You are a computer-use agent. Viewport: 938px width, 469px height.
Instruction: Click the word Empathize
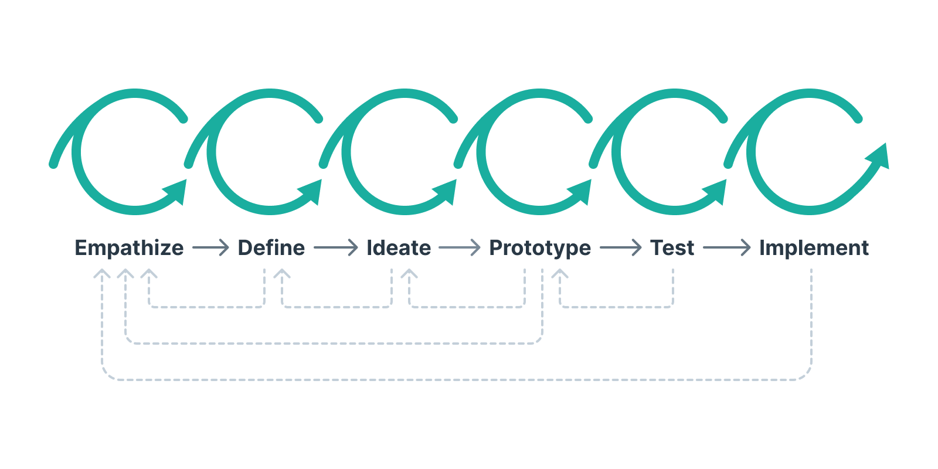tap(129, 248)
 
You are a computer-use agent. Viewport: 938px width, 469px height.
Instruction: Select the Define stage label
tap(271, 248)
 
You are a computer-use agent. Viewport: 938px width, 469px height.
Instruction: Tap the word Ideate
tap(399, 248)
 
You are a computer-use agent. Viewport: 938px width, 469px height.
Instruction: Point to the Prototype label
tap(540, 248)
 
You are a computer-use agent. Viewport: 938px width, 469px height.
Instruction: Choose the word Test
tap(672, 248)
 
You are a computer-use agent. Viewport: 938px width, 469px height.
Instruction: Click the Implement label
tap(814, 248)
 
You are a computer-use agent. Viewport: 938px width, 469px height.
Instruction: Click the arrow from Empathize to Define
tap(210, 248)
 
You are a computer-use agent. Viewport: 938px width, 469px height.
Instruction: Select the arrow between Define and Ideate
tap(335, 248)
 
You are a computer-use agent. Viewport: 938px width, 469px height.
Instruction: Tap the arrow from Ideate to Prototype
tap(460, 248)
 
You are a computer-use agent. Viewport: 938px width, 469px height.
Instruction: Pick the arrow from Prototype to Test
tap(620, 248)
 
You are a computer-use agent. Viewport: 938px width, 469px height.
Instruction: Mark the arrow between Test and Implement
tap(726, 248)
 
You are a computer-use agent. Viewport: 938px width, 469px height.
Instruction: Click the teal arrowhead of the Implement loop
tap(879, 157)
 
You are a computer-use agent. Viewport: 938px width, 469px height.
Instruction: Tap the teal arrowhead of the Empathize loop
tap(177, 191)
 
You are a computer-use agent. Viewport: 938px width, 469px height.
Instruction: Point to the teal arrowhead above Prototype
tap(582, 191)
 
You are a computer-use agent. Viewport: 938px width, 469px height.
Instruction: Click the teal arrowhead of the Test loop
tap(717, 191)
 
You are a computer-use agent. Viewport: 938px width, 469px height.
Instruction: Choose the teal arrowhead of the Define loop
tap(312, 191)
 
